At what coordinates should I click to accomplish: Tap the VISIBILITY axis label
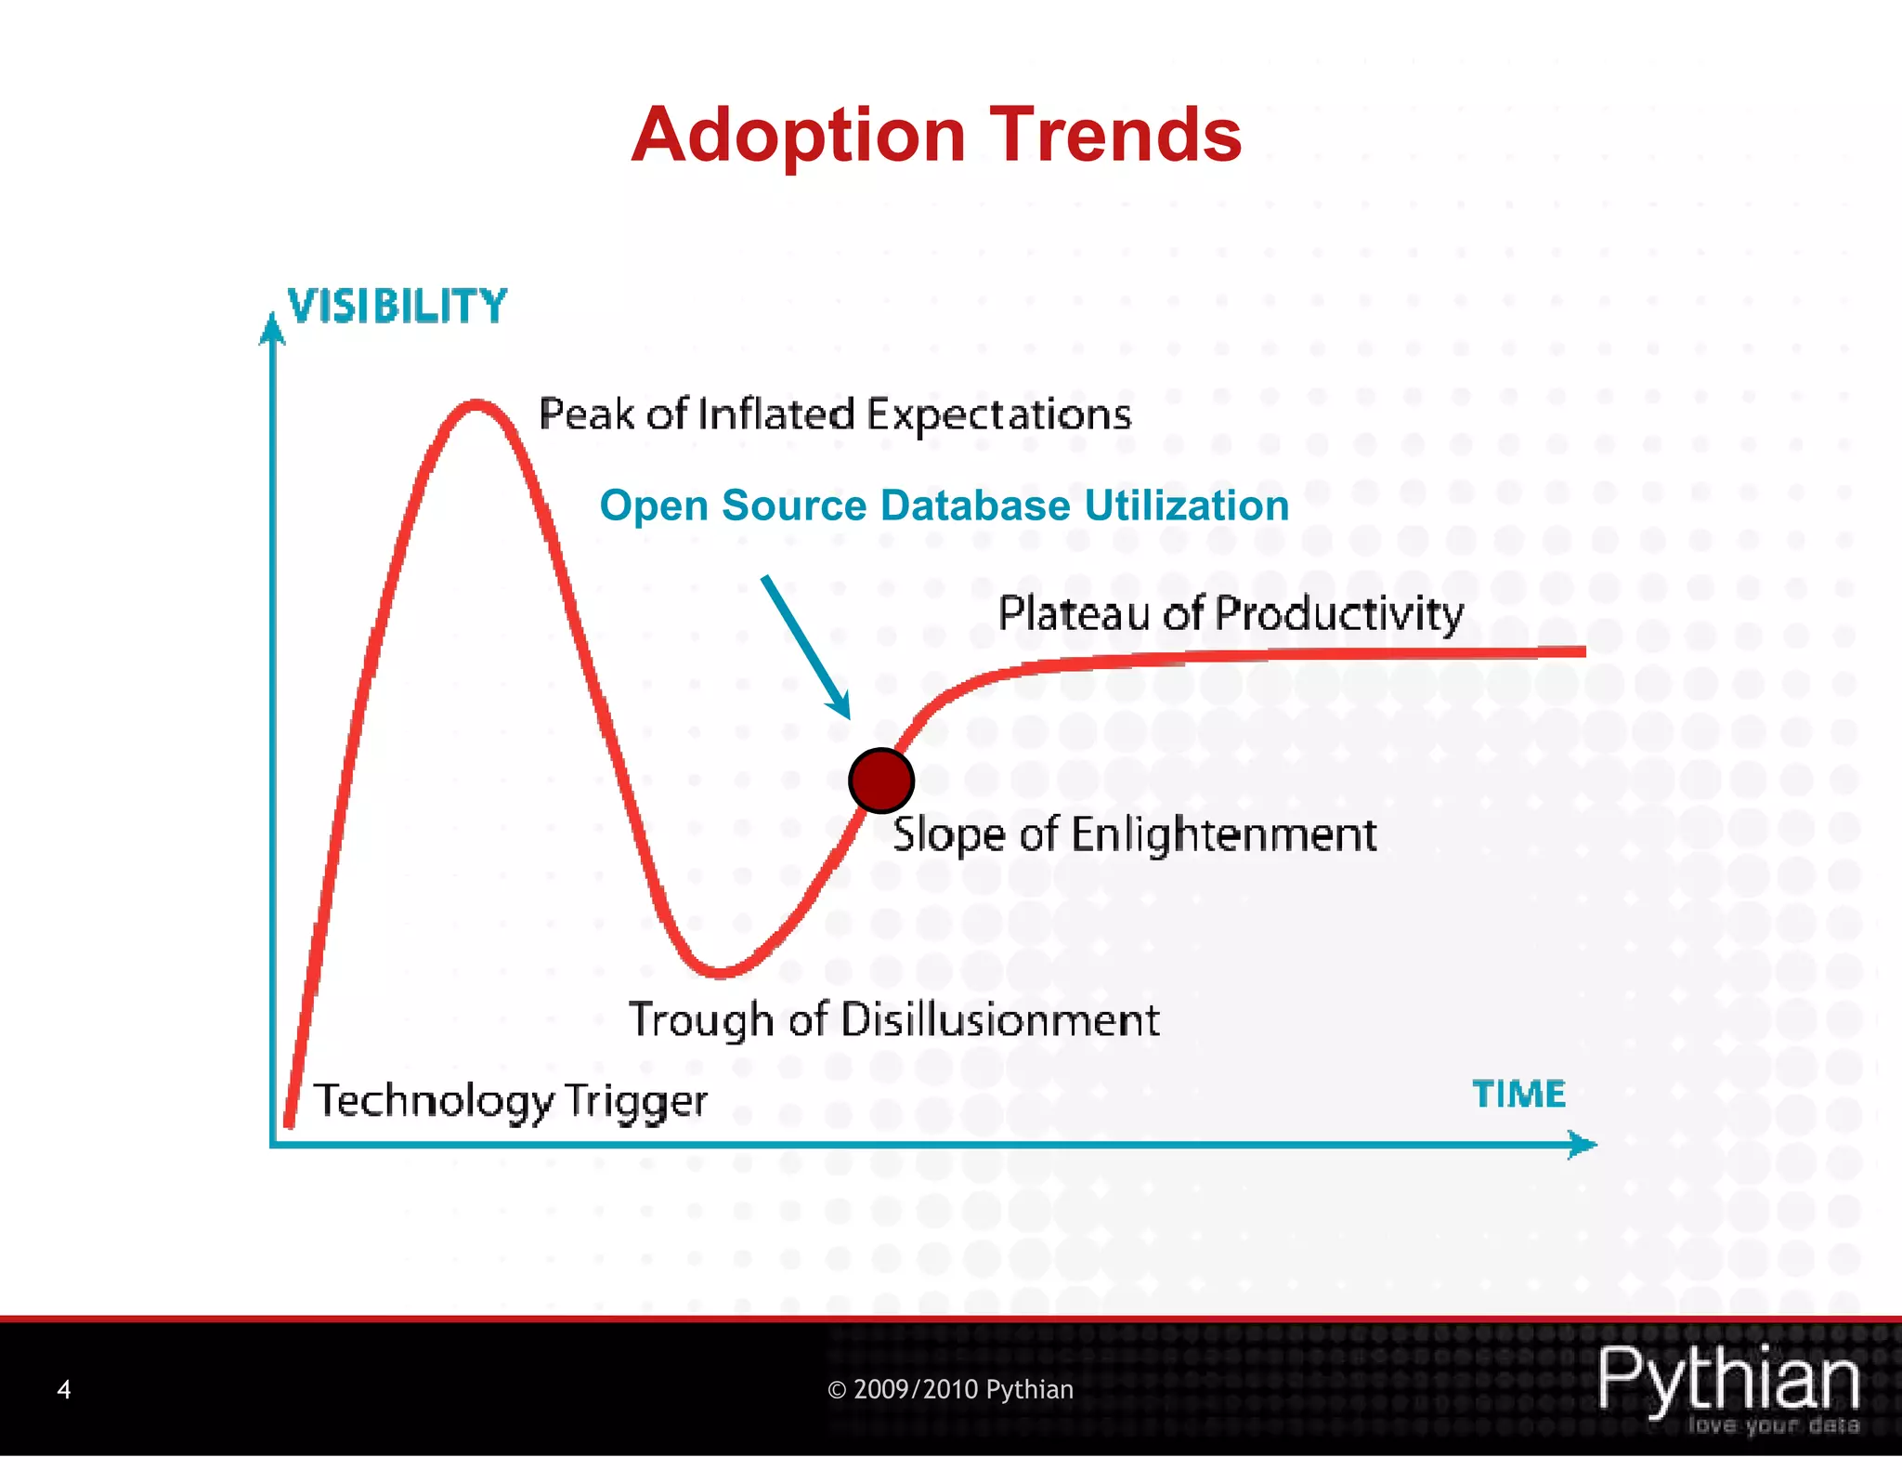tap(397, 307)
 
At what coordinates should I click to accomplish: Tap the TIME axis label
tap(1518, 1094)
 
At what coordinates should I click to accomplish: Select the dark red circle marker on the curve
tap(880, 781)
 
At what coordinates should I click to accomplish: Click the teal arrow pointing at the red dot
tap(804, 646)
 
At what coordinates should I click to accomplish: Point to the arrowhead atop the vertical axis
tap(271, 329)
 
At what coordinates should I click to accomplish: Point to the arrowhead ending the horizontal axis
tap(1581, 1144)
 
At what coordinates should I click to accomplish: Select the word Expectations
tap(998, 414)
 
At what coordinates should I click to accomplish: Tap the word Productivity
tap(1338, 614)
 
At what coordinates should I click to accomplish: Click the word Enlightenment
tap(1223, 834)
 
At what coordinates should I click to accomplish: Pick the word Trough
tap(703, 1020)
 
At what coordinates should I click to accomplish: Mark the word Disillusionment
tap(999, 1019)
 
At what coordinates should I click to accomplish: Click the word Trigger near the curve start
tap(635, 1101)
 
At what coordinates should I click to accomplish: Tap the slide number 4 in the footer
tap(64, 1389)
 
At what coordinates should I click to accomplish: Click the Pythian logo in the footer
tap(1728, 1385)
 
